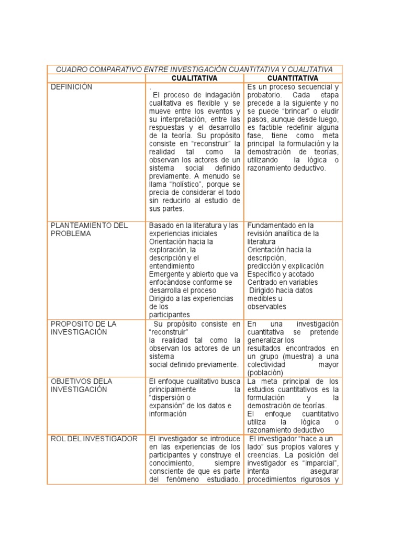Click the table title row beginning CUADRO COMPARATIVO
click(x=194, y=70)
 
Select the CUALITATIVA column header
click(x=194, y=78)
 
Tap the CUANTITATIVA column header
click(x=293, y=78)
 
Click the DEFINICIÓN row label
click(x=71, y=87)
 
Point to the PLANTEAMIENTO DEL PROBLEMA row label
click(x=89, y=229)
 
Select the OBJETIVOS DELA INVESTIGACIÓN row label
click(x=81, y=385)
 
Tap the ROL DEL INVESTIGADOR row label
click(x=94, y=439)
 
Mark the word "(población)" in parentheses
click(x=265, y=372)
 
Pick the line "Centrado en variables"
click(x=282, y=282)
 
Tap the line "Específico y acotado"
click(x=281, y=274)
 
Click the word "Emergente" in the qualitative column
click(x=166, y=274)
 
